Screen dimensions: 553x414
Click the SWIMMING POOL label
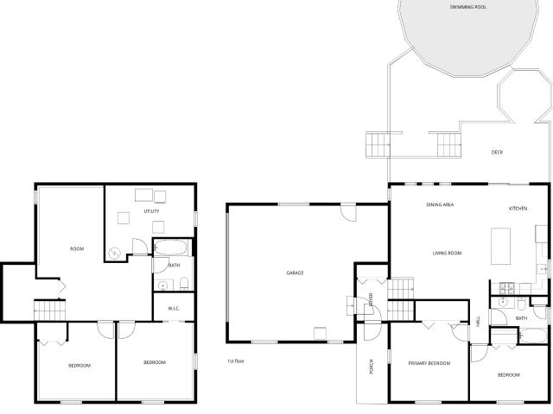(468, 7)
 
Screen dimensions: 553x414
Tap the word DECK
(498, 152)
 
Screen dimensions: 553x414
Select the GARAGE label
(295, 273)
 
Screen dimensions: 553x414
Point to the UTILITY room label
(152, 211)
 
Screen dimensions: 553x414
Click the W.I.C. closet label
(174, 309)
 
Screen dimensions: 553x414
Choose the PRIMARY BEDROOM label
(429, 363)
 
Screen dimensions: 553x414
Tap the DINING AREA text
(440, 204)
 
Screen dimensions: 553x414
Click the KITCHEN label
(518, 209)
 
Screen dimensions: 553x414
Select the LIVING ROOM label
(447, 253)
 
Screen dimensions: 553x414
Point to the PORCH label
(371, 367)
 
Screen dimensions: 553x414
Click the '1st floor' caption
(236, 361)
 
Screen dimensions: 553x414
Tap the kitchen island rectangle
(501, 246)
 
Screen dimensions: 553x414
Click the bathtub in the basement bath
(171, 248)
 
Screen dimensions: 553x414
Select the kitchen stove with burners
(507, 288)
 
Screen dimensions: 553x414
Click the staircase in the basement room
(50, 310)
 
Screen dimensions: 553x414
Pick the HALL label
(478, 321)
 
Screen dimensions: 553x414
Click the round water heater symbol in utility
(114, 253)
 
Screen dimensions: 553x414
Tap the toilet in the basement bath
(184, 284)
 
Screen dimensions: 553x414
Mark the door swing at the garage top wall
(348, 213)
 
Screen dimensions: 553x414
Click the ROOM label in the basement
(77, 249)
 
